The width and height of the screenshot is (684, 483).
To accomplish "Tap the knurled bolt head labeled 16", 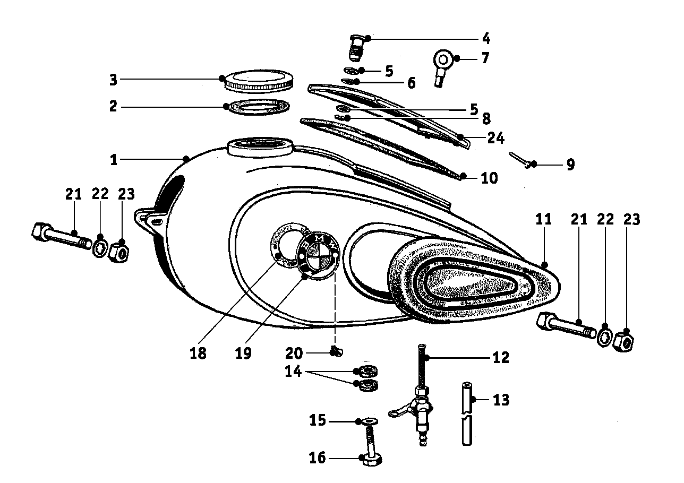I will pyautogui.click(x=369, y=460).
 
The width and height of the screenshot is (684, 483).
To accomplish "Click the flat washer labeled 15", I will pyautogui.click(x=370, y=421).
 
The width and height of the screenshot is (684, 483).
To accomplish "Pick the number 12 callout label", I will pyautogui.click(x=500, y=358).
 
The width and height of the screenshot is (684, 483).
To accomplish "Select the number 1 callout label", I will pyautogui.click(x=114, y=159).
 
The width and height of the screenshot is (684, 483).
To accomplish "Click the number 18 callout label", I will pyautogui.click(x=198, y=353).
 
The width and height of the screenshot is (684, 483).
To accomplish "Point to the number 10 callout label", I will pyautogui.click(x=489, y=178).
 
